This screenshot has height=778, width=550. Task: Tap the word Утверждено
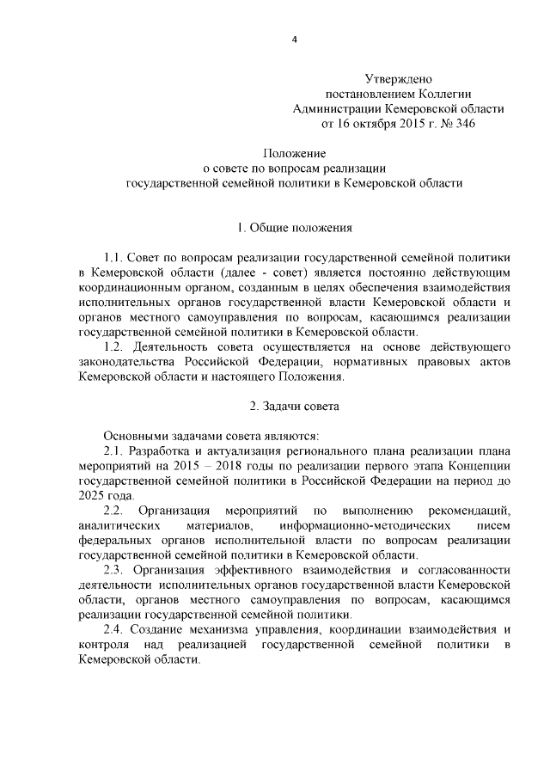(398, 78)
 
